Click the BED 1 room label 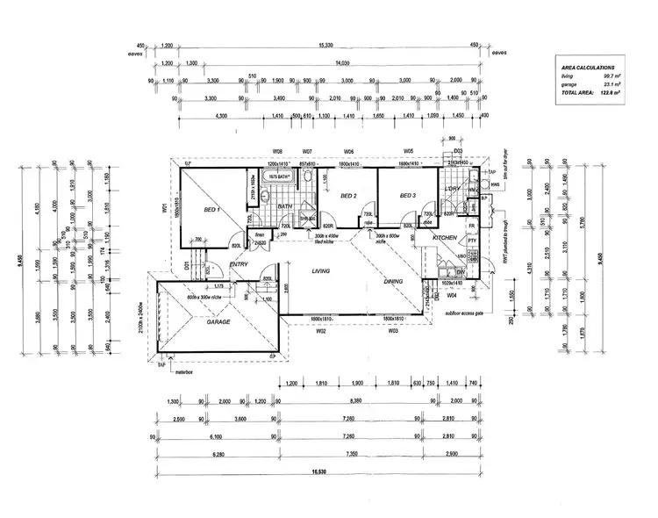(211, 211)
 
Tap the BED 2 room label (347, 196)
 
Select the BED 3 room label (407, 196)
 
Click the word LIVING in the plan (322, 272)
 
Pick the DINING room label (394, 282)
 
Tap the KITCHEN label (445, 238)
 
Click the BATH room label (285, 206)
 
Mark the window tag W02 (322, 332)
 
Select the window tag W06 (348, 151)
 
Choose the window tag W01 (164, 208)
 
